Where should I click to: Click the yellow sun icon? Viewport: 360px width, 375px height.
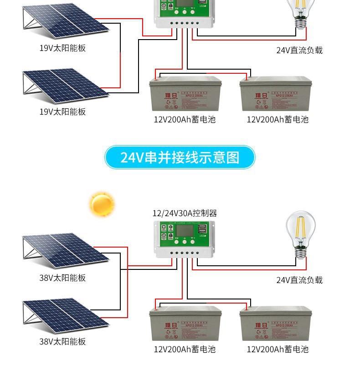[x=102, y=204]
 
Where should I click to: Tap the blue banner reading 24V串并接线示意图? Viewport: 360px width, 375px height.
[x=180, y=157]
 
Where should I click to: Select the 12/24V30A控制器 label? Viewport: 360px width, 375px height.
[x=185, y=213]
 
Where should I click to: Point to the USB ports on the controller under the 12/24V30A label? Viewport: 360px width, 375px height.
[x=203, y=232]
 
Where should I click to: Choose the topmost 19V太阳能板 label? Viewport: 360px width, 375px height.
[x=62, y=48]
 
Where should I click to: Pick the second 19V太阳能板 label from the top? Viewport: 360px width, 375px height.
[x=62, y=111]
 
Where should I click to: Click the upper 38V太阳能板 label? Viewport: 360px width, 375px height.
[x=62, y=278]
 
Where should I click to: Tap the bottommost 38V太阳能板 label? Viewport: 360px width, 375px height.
[x=62, y=341]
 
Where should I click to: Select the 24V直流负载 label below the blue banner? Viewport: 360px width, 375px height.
[x=299, y=280]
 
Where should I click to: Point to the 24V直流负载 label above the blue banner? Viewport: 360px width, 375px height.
[x=299, y=50]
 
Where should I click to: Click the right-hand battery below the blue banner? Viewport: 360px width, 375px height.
[x=276, y=324]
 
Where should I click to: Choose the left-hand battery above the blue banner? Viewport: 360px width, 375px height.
[x=185, y=94]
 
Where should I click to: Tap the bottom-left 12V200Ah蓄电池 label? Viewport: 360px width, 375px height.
[x=184, y=349]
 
